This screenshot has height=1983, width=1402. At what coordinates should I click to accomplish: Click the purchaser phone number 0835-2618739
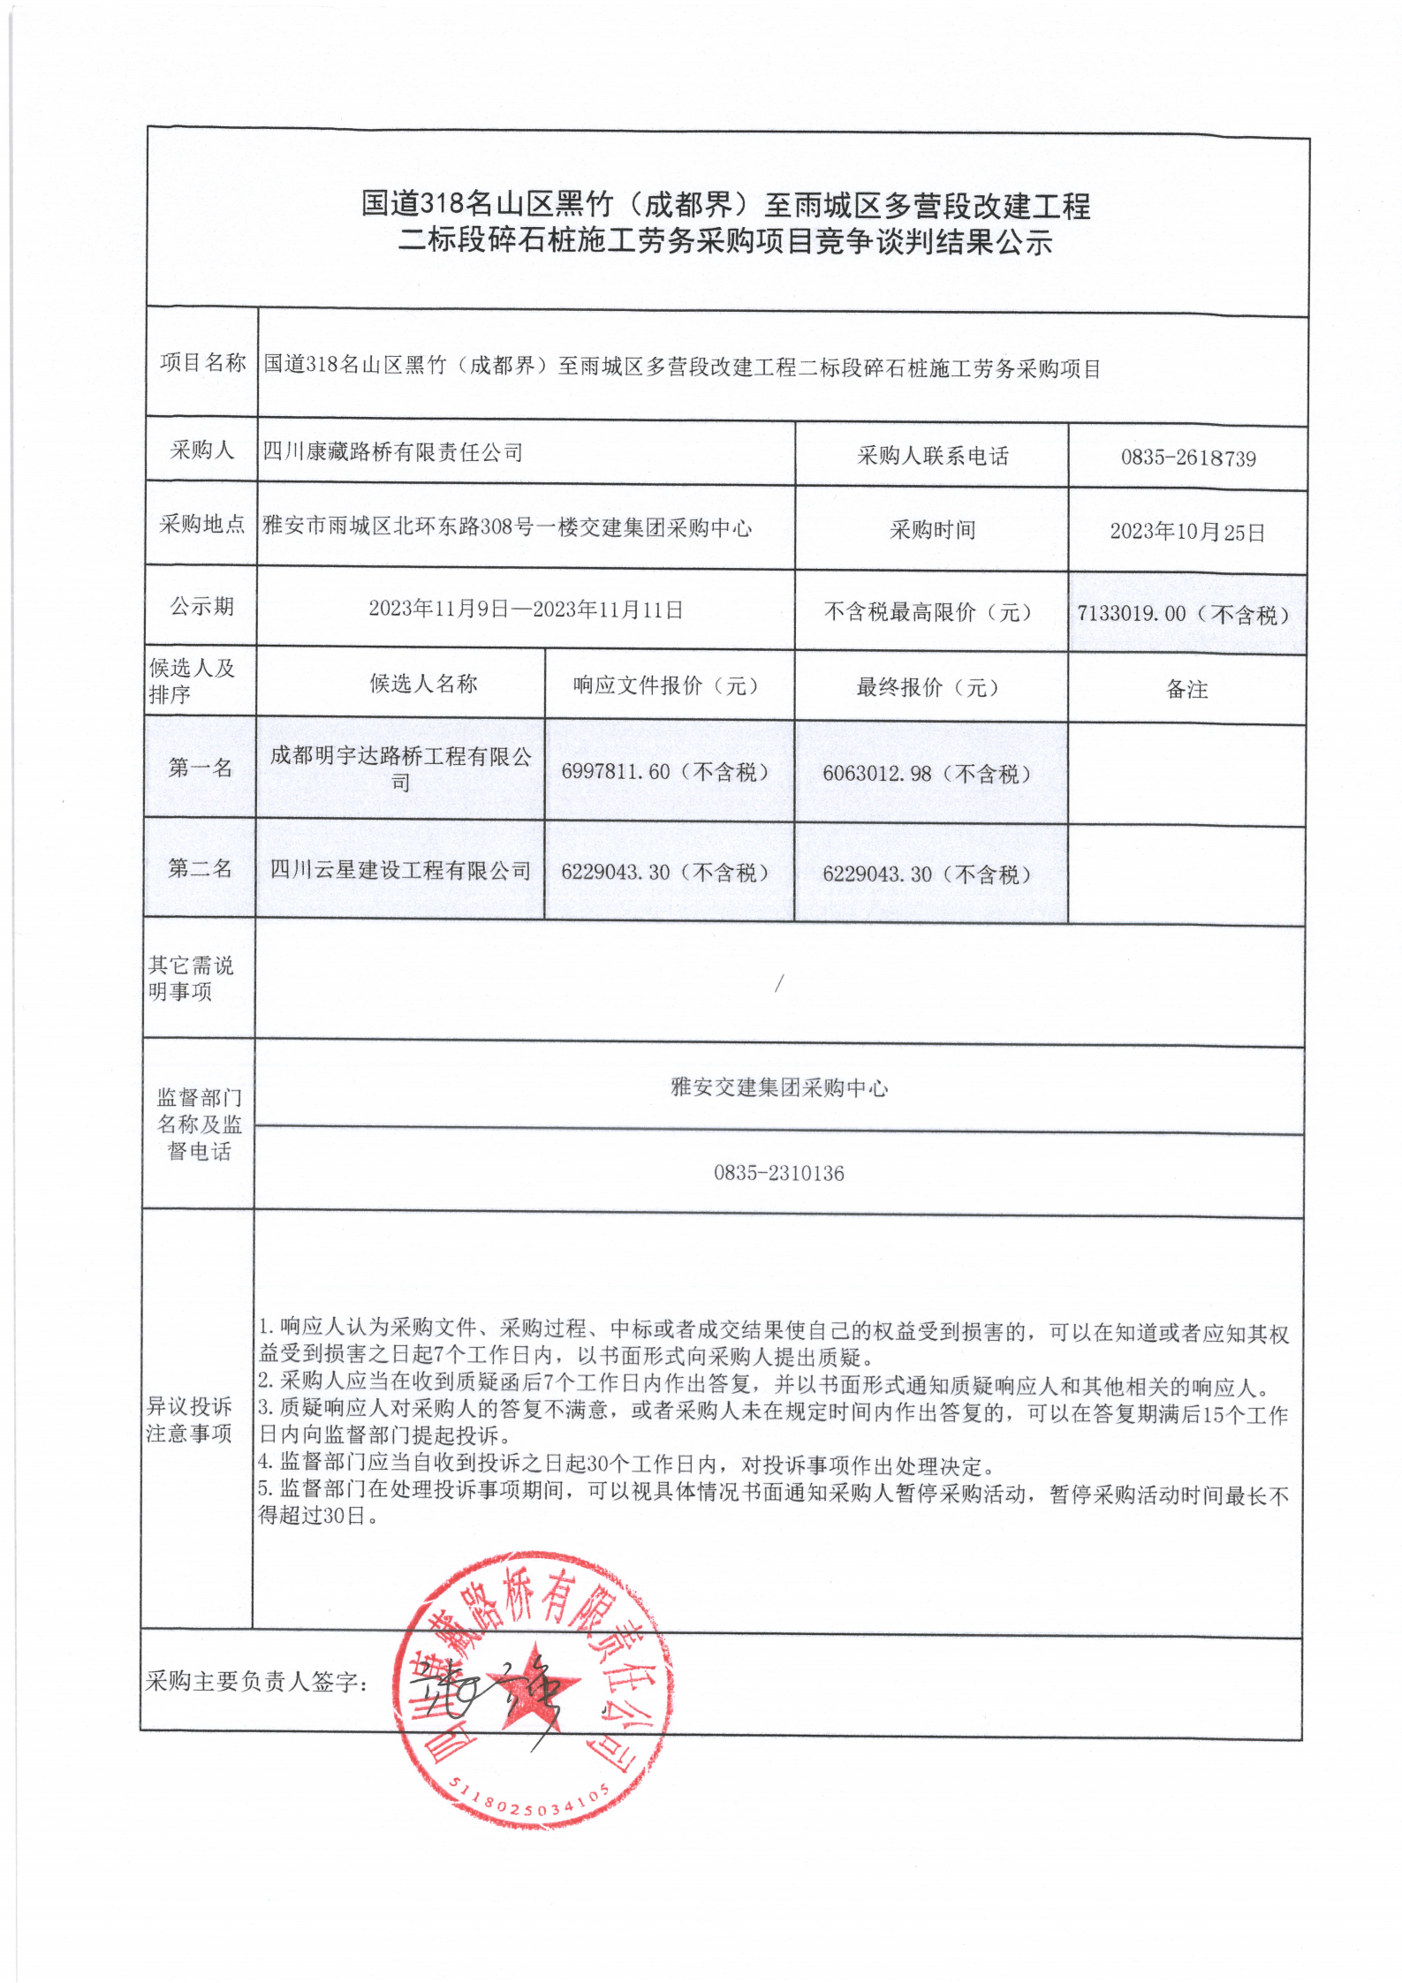click(1188, 458)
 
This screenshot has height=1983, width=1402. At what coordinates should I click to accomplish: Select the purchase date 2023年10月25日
click(1187, 532)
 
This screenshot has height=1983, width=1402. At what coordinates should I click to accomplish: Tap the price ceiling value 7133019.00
click(1132, 614)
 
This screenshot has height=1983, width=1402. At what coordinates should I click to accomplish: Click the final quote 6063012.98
click(877, 774)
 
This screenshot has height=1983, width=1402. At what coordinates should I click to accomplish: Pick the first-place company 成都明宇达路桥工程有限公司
click(401, 768)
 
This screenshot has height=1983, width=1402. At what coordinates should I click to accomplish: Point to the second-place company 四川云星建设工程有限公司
click(400, 870)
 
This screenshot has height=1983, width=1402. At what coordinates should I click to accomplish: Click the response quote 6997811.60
click(616, 772)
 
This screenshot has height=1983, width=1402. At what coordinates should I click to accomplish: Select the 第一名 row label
click(201, 768)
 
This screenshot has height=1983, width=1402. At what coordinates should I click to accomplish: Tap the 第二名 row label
click(201, 869)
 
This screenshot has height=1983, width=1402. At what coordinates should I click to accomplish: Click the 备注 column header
click(1186, 690)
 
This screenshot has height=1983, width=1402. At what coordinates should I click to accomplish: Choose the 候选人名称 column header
click(423, 684)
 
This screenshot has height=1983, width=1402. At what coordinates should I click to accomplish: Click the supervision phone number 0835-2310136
click(779, 1173)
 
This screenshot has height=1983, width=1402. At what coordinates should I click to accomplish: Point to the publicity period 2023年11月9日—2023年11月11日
click(526, 610)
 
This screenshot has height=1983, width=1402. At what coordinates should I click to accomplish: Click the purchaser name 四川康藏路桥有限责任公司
click(393, 452)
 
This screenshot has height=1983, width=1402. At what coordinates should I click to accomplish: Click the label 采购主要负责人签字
click(256, 1682)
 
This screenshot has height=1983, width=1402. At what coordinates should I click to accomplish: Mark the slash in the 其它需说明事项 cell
click(778, 983)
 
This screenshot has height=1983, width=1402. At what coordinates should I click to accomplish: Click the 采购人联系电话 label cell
click(932, 456)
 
